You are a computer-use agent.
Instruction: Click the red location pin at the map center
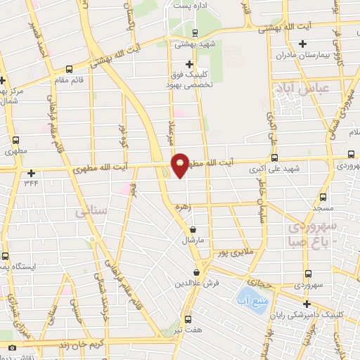tap(181, 165)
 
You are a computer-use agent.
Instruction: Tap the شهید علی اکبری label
tap(274, 169)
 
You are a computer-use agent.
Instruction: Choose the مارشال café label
tap(193, 240)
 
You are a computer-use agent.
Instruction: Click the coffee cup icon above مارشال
tap(193, 229)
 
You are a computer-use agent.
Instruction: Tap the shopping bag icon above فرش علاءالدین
tap(198, 272)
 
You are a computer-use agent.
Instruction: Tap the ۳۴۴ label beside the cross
tap(30, 184)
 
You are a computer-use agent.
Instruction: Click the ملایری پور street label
tap(233, 252)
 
